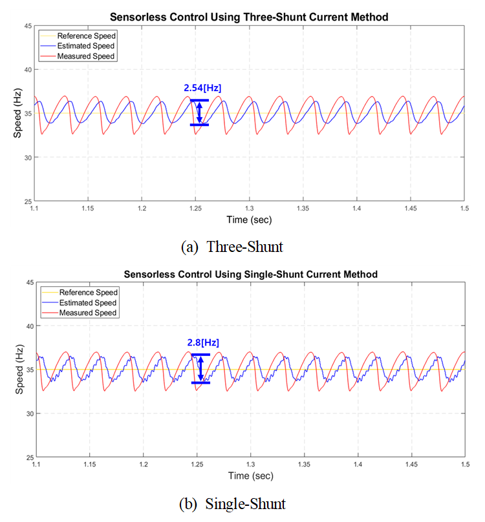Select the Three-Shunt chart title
tap(249, 17)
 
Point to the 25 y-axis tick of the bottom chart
tap(29, 457)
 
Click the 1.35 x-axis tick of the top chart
tap(303, 209)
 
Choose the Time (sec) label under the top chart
tap(249, 220)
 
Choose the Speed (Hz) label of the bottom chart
tap(21, 370)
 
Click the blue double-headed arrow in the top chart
tap(200, 112)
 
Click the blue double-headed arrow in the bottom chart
tap(200, 369)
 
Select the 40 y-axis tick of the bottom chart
tap(29, 326)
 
